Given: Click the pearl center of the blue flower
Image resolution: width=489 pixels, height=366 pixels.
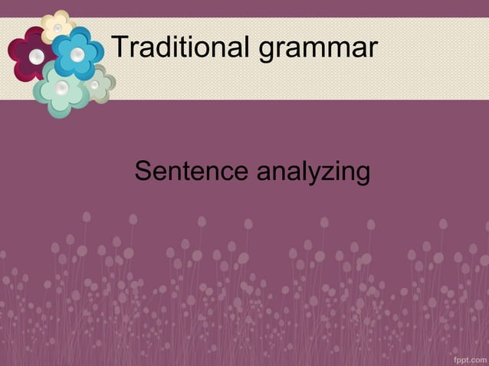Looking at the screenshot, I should (77, 54).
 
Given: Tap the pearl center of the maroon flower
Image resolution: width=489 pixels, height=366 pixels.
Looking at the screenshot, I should (36, 56).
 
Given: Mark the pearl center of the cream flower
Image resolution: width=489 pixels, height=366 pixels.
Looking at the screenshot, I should (57, 28).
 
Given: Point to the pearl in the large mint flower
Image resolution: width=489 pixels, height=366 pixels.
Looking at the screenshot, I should (62, 90).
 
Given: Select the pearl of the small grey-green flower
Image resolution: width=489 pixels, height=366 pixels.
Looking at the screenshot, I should (95, 85).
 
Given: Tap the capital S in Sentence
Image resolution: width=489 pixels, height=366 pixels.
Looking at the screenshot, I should (143, 172).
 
